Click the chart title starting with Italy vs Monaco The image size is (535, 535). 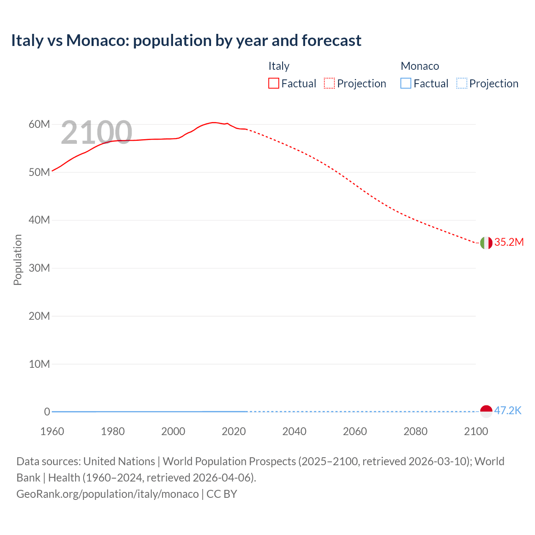(186, 41)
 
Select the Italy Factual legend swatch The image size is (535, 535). (274, 83)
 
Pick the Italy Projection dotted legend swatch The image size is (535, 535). (329, 83)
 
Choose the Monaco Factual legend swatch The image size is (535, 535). (406, 83)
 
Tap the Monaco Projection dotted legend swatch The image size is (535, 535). (462, 83)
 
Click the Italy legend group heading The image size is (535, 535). (279, 66)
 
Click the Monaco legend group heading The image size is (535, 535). (420, 66)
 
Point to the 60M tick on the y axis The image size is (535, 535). (39, 124)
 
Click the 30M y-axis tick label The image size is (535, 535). (39, 268)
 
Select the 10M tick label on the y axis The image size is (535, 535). (39, 364)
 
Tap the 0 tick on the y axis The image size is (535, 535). (47, 412)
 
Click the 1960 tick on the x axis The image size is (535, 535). (52, 431)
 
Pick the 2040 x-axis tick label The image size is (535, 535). (294, 431)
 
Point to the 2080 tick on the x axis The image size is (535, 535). (415, 431)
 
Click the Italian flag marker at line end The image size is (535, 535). (486, 243)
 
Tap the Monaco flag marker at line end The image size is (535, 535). (486, 411)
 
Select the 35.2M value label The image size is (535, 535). (509, 242)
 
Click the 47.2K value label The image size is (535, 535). (507, 410)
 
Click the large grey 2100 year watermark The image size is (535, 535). (97, 132)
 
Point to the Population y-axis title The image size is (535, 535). (18, 260)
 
